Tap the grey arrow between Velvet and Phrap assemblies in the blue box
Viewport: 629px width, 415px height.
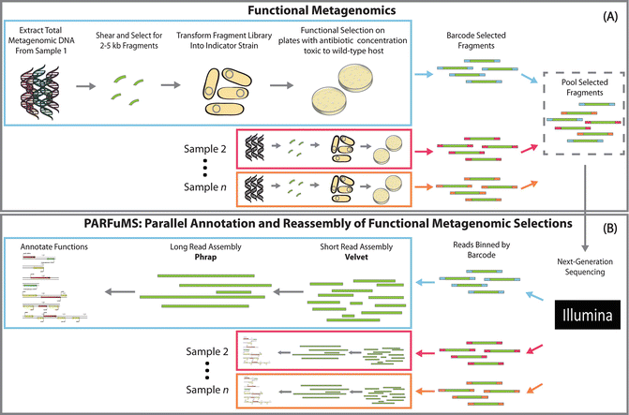click(x=270, y=301)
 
